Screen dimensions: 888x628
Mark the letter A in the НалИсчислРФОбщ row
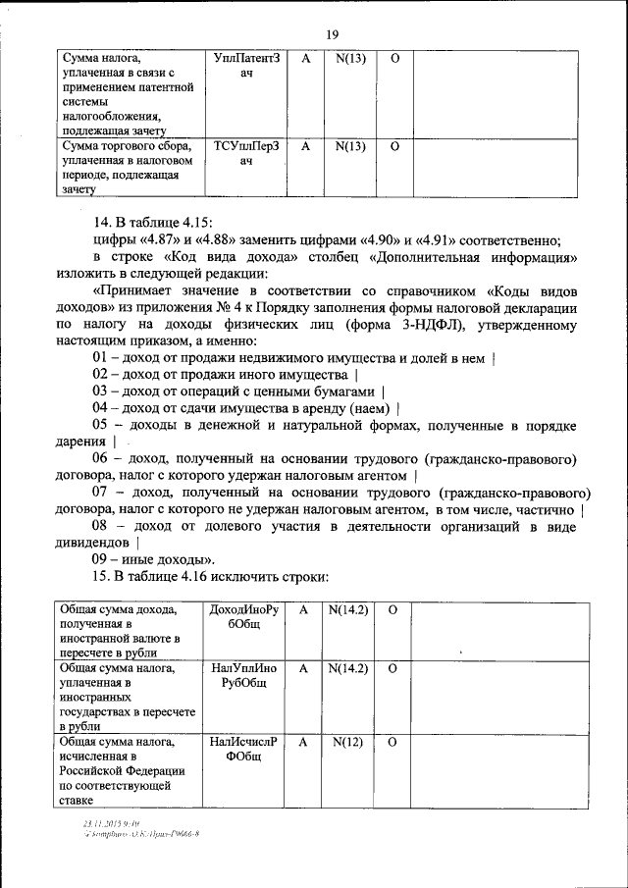pos(304,743)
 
